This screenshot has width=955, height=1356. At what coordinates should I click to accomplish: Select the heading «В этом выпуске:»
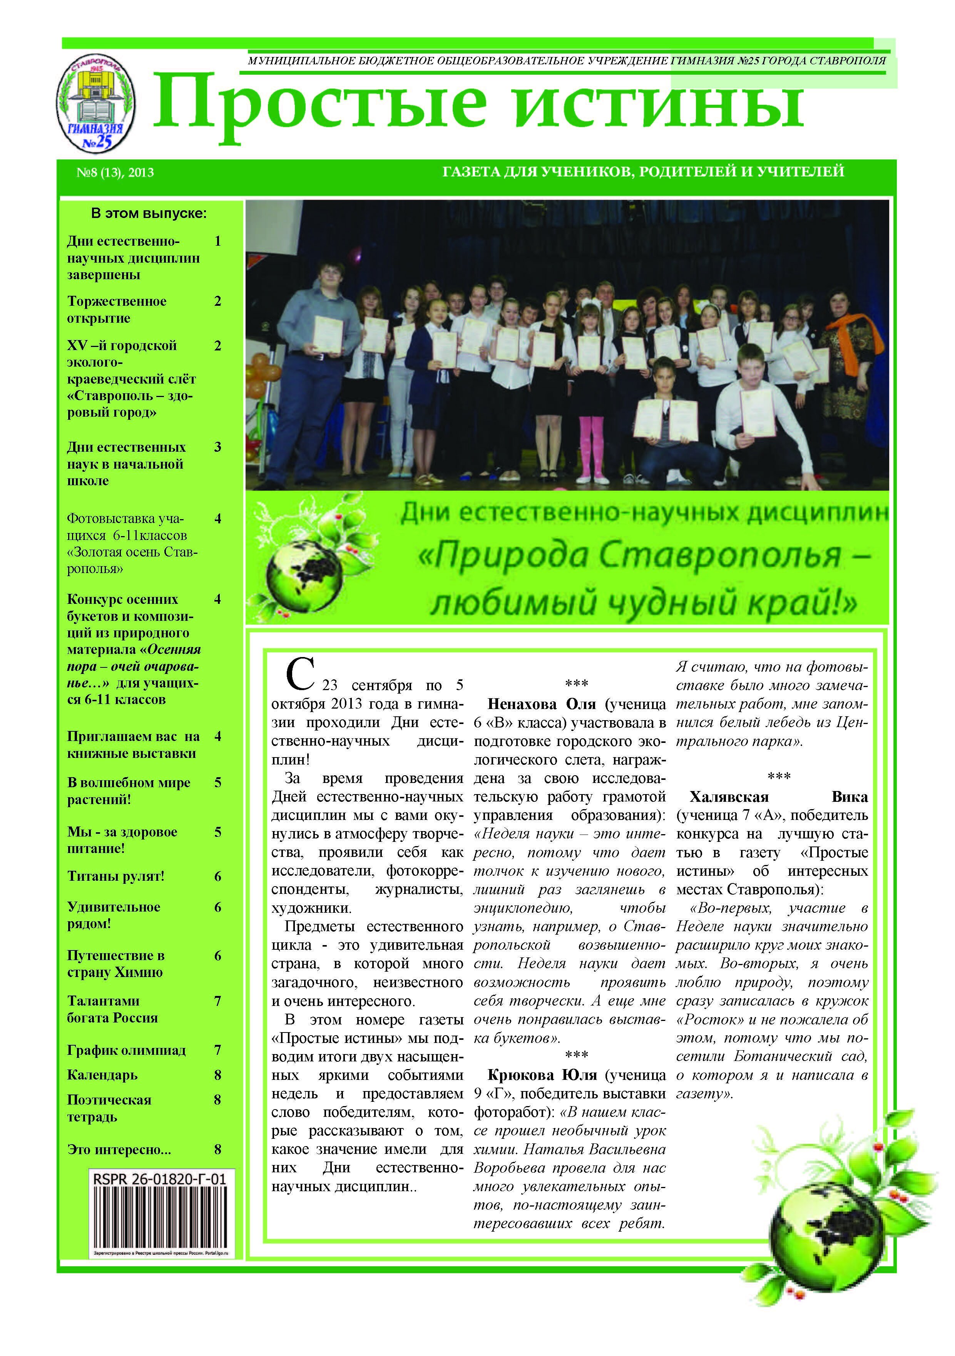(149, 213)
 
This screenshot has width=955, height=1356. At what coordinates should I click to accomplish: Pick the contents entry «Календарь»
(102, 1075)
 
